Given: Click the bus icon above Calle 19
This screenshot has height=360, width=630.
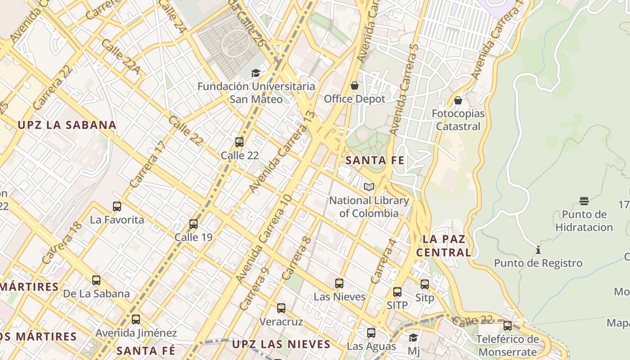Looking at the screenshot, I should [x=193, y=224].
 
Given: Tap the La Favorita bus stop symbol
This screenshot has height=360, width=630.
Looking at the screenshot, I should [x=117, y=207].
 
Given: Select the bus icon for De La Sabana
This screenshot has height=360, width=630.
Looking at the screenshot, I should [x=96, y=280].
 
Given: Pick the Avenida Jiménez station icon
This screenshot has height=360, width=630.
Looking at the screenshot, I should [x=136, y=319].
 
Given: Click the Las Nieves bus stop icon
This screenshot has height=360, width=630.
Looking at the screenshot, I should [x=339, y=283].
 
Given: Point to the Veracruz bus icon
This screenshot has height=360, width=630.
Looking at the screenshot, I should [x=281, y=308].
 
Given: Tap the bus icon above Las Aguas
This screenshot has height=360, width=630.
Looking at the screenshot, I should [x=371, y=333].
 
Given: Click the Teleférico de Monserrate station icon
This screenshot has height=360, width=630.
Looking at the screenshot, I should [x=508, y=326].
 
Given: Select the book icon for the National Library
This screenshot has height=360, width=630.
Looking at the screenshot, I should [x=369, y=187].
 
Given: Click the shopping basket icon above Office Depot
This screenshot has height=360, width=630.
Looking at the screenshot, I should [x=355, y=85].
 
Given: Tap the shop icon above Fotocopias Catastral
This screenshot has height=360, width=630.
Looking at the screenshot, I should [x=458, y=100].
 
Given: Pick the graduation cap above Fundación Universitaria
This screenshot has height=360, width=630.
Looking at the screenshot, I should [x=256, y=73].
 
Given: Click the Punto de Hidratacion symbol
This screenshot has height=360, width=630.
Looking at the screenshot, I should [x=584, y=201].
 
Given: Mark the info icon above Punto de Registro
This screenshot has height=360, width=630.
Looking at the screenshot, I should [x=538, y=250].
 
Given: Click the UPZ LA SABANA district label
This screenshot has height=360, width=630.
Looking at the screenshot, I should [x=67, y=125].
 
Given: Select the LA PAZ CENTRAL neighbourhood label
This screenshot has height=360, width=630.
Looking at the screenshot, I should [x=444, y=246].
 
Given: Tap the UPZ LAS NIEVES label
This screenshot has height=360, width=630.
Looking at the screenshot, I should [x=281, y=345].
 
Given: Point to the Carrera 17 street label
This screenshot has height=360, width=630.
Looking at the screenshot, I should [x=148, y=164].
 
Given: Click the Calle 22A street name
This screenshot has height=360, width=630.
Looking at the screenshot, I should [x=121, y=56].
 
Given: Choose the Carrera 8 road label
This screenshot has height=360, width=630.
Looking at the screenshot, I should [x=297, y=258].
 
